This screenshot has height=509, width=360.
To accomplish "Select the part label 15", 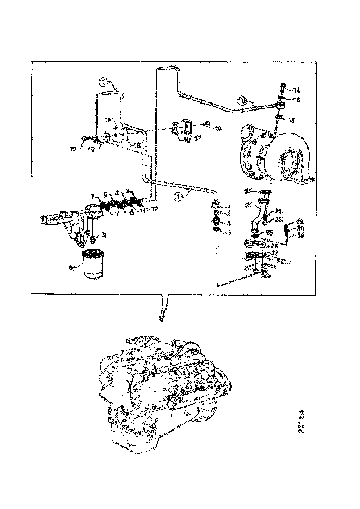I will pyautogui.click(x=297, y=99).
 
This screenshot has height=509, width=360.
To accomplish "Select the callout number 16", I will pyautogui.click(x=91, y=149).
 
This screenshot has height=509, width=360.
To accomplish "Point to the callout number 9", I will pyautogui.click(x=105, y=235).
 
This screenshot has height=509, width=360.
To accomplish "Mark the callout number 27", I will pyautogui.click(x=275, y=253).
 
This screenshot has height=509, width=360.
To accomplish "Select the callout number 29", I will pyautogui.click(x=299, y=221).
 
